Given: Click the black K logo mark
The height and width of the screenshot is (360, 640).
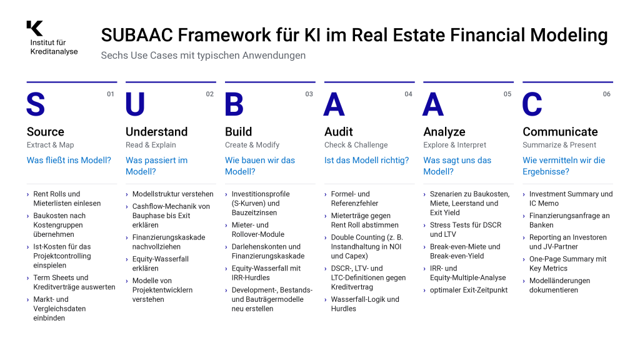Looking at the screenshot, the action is point(35,28).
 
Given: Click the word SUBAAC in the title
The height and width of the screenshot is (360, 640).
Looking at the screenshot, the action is point(137,35).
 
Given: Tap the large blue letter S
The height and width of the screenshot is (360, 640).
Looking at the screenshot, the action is point(36,104).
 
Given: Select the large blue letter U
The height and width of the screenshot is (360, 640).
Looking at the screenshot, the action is point(135,104).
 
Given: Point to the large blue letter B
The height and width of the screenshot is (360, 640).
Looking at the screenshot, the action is point(234,104).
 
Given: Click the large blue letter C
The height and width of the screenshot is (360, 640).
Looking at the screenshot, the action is point(532,104).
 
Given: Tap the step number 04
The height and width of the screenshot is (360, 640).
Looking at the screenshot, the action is point(408,94).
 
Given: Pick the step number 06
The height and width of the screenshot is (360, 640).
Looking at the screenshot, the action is point(606,94).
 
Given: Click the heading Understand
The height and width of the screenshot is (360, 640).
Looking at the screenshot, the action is point(157,132).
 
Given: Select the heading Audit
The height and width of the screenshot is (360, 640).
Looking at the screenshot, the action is point(339,132).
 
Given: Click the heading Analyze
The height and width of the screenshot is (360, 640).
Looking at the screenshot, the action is point(444,132).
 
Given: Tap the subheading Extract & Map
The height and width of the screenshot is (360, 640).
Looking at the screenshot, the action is point(50,145).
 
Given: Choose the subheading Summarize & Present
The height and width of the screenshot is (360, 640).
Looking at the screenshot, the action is point(559,145).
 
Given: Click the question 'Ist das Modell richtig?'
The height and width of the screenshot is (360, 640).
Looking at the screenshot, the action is point(366,161).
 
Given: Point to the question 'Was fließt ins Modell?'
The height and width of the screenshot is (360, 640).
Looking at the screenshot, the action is point(69,161).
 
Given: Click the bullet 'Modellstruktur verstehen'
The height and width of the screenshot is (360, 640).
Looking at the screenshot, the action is point(172,194).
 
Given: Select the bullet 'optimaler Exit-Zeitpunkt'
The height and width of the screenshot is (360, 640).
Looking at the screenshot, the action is point(469,290).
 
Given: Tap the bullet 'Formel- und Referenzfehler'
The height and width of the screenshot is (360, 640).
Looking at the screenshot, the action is point(354,199).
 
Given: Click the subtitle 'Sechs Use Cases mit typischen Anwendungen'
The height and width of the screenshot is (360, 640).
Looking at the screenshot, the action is point(203,56).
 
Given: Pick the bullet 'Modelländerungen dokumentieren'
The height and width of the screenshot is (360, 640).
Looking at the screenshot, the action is point(559,285).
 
